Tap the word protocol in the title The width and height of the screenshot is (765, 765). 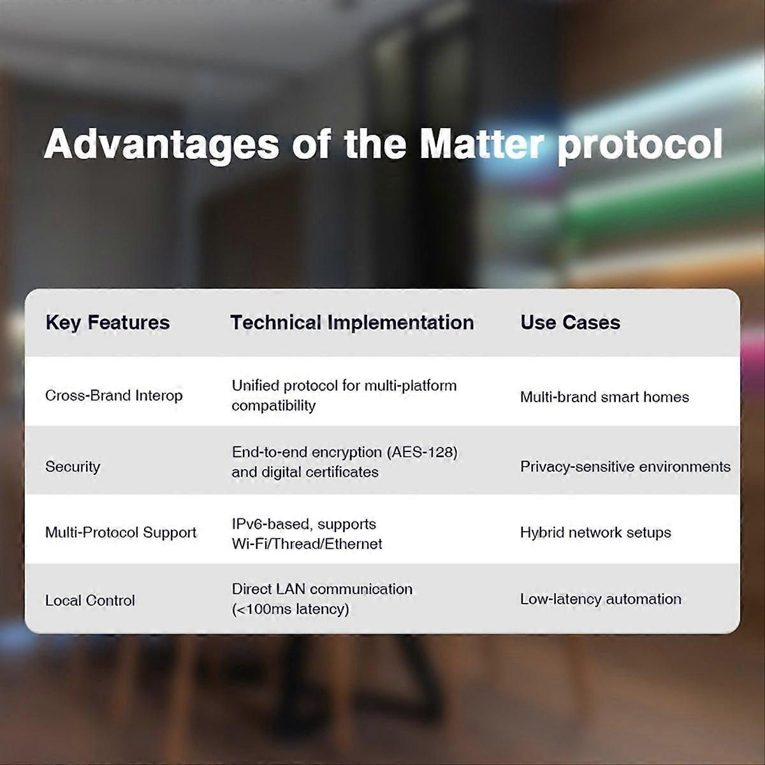(x=640, y=145)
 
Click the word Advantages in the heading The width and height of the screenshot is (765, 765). (x=161, y=145)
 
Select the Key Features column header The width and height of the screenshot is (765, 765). (x=108, y=323)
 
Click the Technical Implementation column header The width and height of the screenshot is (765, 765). (x=352, y=323)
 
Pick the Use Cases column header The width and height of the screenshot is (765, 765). (x=570, y=323)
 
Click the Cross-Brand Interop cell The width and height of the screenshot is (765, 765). (x=113, y=395)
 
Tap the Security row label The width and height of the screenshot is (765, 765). (x=73, y=467)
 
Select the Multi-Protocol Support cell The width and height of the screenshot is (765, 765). (x=120, y=532)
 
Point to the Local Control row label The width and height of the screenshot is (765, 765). (x=90, y=601)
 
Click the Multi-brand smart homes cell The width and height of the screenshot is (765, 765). (x=604, y=397)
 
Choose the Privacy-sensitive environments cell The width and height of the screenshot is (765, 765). (x=625, y=467)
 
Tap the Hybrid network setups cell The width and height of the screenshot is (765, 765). (x=595, y=532)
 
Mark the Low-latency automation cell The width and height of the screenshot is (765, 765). (x=601, y=599)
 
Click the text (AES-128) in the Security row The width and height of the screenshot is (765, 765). (x=422, y=452)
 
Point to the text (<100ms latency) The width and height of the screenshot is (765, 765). (x=291, y=609)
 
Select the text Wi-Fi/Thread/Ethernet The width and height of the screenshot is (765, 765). (x=307, y=544)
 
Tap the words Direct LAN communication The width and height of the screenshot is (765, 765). (x=322, y=589)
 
